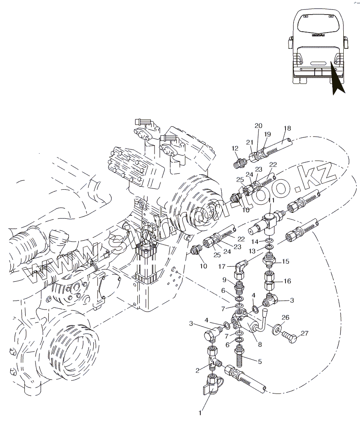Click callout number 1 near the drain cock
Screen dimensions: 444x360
(x=200, y=413)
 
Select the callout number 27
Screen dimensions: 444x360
(x=304, y=333)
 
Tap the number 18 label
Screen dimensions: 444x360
(x=287, y=128)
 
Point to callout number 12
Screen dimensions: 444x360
(x=235, y=148)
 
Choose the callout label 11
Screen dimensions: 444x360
(x=271, y=200)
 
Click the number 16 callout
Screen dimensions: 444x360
(x=287, y=281)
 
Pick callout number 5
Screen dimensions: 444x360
(x=259, y=361)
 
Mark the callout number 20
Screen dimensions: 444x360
(x=258, y=125)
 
